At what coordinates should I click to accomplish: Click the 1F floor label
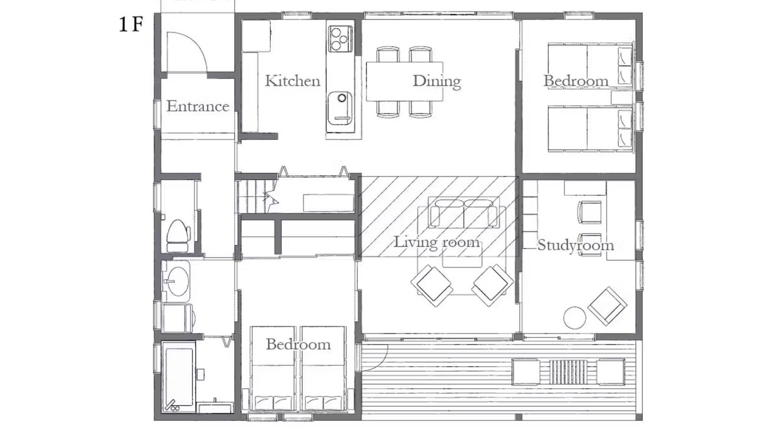131,25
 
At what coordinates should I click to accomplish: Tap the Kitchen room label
293,81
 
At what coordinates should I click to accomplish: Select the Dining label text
437,82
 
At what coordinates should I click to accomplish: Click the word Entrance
198,106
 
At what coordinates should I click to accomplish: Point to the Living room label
437,242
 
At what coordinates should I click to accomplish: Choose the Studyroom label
576,245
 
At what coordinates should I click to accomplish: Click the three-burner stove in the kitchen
340,39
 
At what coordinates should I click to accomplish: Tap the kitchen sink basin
340,108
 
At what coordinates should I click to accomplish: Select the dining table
405,82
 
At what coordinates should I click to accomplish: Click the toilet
178,235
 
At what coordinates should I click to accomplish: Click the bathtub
179,378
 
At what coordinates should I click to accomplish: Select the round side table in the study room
575,318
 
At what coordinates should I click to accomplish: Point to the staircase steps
253,196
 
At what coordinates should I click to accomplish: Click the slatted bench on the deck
568,372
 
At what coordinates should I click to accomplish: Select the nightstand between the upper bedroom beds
622,98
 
